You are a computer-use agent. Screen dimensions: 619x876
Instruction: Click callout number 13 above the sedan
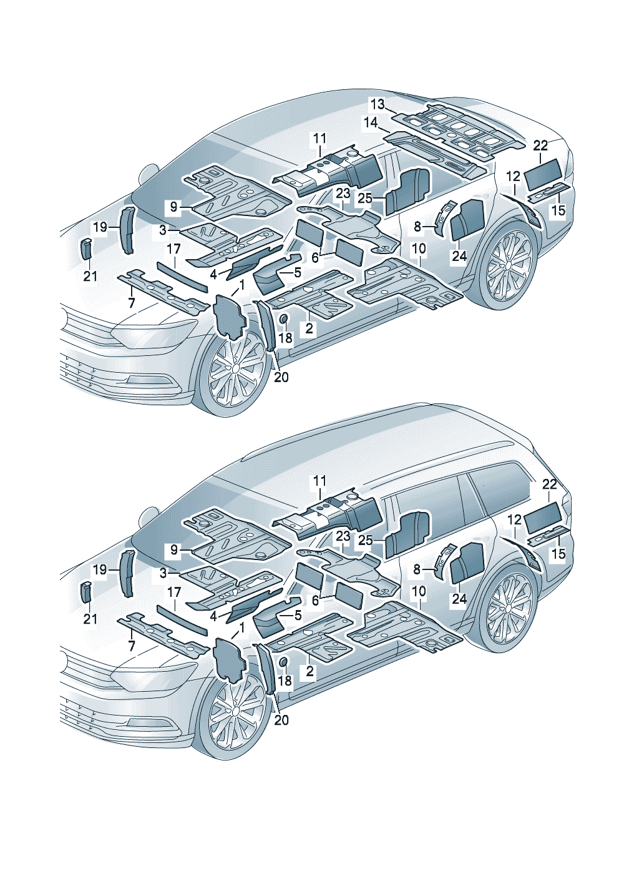[x=378, y=104]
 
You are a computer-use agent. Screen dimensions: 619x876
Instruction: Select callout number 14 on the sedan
[x=371, y=122]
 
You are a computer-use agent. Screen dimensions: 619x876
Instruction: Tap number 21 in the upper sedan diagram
[x=90, y=275]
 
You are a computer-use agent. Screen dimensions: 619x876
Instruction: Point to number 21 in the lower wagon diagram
[x=90, y=618]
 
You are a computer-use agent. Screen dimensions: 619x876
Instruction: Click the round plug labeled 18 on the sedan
[x=281, y=319]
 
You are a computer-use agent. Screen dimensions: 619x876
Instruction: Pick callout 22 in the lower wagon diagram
[x=549, y=484]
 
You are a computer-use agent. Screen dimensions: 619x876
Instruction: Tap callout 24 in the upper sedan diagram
[x=459, y=256]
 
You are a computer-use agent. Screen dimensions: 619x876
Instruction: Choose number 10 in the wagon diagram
[x=419, y=591]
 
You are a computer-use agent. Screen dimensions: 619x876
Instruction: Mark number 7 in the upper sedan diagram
[x=131, y=303]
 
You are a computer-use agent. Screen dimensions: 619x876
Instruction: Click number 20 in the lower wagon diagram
[x=281, y=720]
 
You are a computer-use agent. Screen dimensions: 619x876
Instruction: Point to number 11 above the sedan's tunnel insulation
[x=319, y=138]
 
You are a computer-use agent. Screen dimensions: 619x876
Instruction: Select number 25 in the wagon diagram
[x=365, y=541]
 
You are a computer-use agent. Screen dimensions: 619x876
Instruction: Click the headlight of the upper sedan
[x=147, y=334]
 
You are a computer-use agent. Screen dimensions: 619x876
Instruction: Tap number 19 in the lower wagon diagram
[x=100, y=569]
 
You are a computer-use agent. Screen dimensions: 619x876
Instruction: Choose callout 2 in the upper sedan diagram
[x=309, y=328]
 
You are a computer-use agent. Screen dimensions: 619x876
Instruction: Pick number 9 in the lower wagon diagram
[x=174, y=549]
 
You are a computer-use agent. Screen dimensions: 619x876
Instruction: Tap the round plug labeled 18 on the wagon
[x=281, y=662]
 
